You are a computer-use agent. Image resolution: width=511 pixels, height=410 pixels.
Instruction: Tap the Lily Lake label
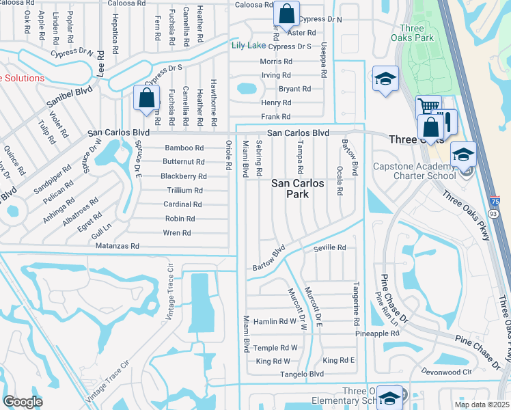click(x=248, y=46)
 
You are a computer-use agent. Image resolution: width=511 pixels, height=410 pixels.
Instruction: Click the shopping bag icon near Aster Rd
click(x=286, y=13)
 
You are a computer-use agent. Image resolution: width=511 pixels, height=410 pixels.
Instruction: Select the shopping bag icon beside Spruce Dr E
click(x=147, y=98)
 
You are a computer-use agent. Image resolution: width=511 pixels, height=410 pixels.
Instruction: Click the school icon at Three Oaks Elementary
click(x=389, y=397)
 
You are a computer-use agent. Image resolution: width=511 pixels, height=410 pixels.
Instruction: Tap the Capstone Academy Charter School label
click(x=414, y=171)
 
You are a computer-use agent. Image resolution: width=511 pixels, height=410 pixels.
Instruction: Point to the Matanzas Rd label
click(x=118, y=246)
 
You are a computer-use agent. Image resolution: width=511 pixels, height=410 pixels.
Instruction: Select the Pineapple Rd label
click(x=377, y=333)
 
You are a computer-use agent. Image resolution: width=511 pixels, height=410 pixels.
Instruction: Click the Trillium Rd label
click(x=182, y=191)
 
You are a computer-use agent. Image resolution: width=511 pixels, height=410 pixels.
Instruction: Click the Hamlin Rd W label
click(x=275, y=321)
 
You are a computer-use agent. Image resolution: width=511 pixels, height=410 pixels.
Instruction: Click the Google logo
click(x=23, y=402)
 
